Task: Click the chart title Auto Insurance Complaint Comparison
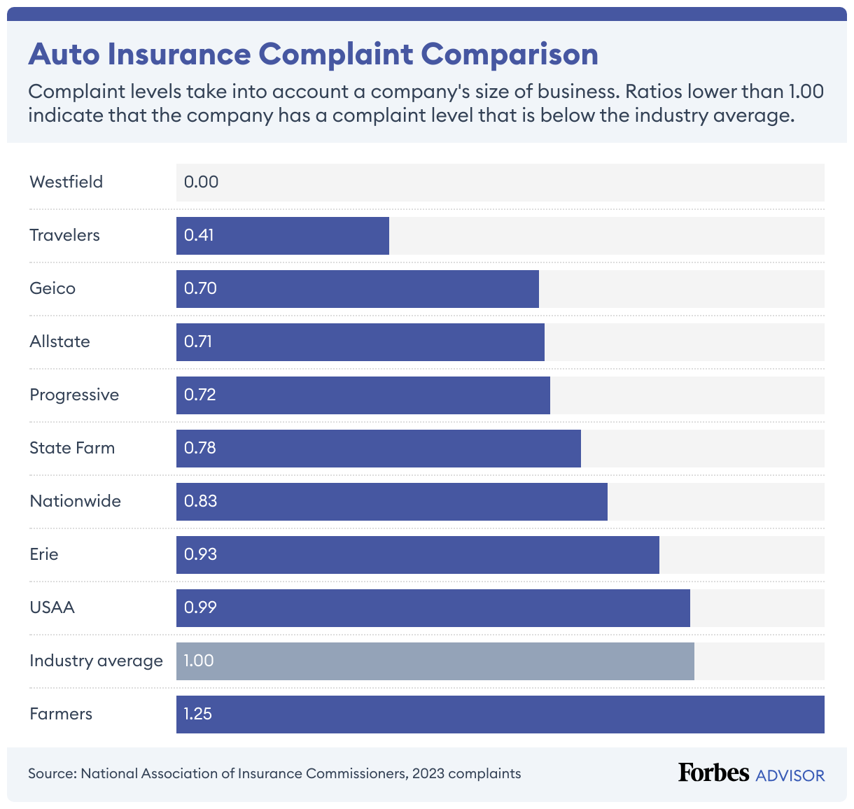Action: point(313,55)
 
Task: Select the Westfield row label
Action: point(66,182)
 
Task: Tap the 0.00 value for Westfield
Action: point(201,182)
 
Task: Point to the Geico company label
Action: point(52,288)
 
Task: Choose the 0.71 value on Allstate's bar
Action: point(198,342)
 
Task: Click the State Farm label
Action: point(72,448)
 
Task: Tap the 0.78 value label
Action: point(200,448)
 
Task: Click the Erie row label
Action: point(44,554)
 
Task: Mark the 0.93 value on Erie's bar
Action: point(200,554)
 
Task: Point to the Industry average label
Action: point(96,661)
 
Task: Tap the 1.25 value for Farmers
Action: point(197,714)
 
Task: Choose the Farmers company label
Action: point(61,714)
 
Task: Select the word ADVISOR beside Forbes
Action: point(790,775)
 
